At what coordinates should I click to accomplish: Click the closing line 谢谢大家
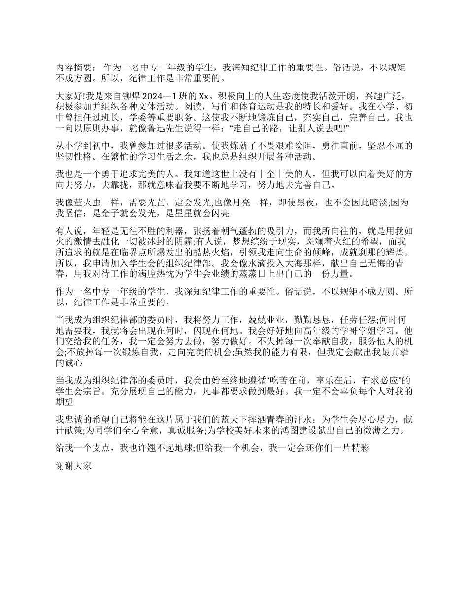pos(73,465)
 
